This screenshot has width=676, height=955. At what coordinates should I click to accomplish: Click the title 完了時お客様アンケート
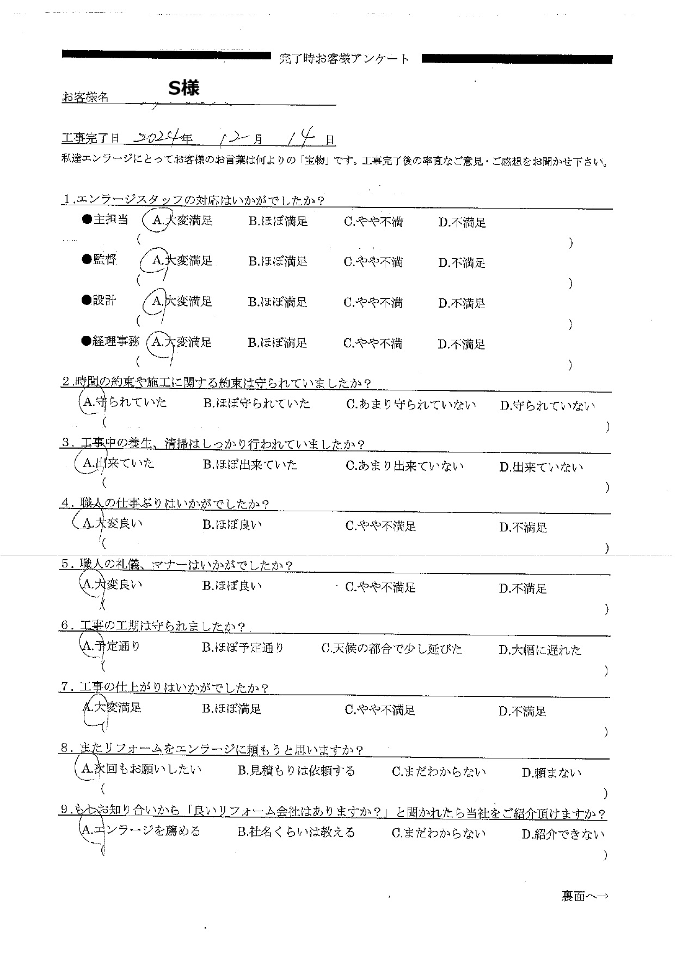coord(344,59)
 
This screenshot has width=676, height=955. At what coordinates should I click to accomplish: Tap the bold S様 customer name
coord(183,88)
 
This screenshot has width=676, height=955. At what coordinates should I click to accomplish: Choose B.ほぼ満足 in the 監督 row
coord(278,261)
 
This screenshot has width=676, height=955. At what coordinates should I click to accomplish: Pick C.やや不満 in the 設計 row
coord(373,303)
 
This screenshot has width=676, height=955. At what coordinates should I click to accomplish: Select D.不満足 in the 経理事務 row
coord(461,344)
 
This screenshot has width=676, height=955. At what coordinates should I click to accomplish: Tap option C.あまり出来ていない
coord(404,466)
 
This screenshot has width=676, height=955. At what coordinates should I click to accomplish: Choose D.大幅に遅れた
coord(540,650)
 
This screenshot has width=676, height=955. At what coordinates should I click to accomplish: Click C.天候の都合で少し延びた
coord(391,648)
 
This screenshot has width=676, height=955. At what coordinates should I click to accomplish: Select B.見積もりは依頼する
coord(296,771)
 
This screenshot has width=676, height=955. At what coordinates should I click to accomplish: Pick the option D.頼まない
coord(551,773)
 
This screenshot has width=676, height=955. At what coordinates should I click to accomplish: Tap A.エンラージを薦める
coord(141,831)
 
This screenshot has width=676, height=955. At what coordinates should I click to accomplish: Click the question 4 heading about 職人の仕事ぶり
coord(165,504)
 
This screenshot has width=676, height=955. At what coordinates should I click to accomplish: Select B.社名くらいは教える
coord(296,832)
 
